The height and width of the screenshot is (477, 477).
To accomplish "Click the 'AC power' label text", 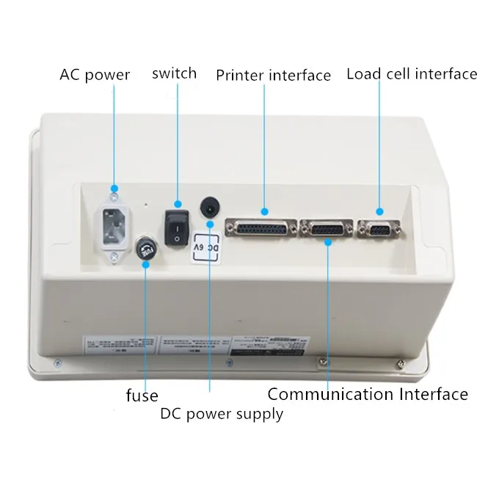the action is pyautogui.click(x=95, y=75).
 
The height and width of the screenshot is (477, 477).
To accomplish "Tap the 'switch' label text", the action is pyautogui.click(x=174, y=73).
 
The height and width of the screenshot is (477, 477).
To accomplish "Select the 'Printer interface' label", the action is pyautogui.click(x=273, y=76).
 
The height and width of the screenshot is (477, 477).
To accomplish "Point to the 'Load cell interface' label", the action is pyautogui.click(x=412, y=74).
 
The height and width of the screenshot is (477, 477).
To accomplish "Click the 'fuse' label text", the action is pyautogui.click(x=142, y=396).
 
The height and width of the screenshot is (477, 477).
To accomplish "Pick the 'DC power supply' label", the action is pyautogui.click(x=222, y=414).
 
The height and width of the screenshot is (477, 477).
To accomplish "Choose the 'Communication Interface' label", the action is pyautogui.click(x=368, y=395).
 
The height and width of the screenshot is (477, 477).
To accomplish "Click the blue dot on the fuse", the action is pyautogui.click(x=147, y=263).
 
